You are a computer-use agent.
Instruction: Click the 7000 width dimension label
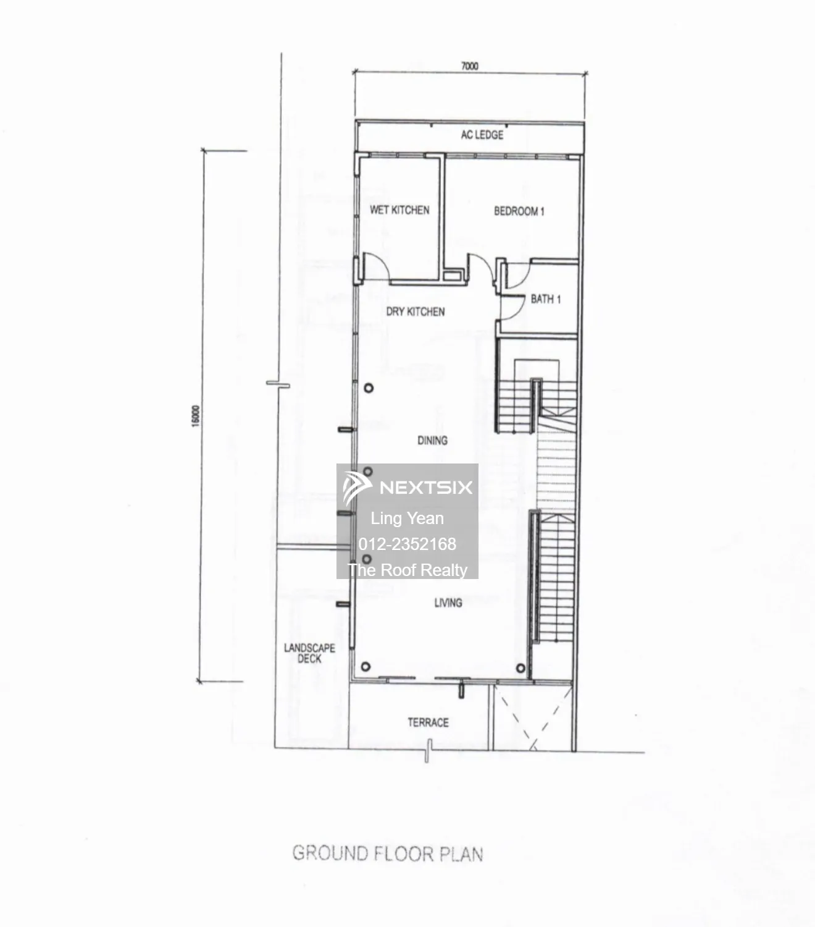[x=469, y=66]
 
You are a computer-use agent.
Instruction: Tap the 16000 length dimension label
[x=196, y=416]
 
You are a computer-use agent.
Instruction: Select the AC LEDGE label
[x=482, y=135]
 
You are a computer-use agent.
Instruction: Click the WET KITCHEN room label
[x=399, y=210]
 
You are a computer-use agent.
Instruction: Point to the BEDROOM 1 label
[x=519, y=211]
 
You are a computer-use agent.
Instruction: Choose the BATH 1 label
[x=546, y=299]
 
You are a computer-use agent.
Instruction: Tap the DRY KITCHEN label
[x=415, y=311]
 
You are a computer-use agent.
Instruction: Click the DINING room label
[x=432, y=440]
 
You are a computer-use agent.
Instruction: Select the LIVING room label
[x=448, y=603]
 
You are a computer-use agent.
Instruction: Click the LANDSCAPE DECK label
[x=309, y=653]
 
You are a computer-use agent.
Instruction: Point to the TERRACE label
[x=428, y=722]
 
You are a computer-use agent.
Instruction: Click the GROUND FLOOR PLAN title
[x=388, y=854]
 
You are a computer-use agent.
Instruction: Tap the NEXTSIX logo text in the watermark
[x=426, y=487]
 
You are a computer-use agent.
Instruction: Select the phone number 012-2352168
[x=407, y=544]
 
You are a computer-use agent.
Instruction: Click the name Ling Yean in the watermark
[x=407, y=519]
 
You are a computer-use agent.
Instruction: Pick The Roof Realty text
[x=407, y=570]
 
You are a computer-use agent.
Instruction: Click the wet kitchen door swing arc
[x=382, y=260]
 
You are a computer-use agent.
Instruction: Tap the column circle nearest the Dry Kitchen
[x=369, y=388]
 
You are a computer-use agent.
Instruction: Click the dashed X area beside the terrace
[x=533, y=717]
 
